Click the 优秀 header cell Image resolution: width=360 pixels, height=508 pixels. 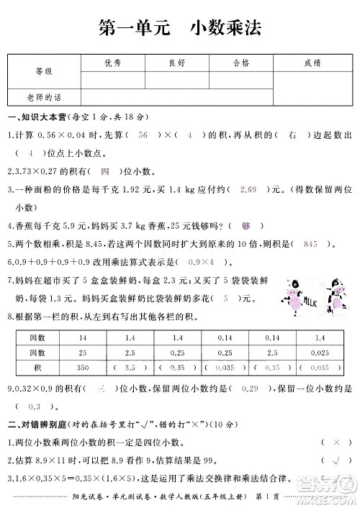tap(112, 63)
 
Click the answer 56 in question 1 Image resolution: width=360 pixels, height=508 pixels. tap(143, 135)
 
